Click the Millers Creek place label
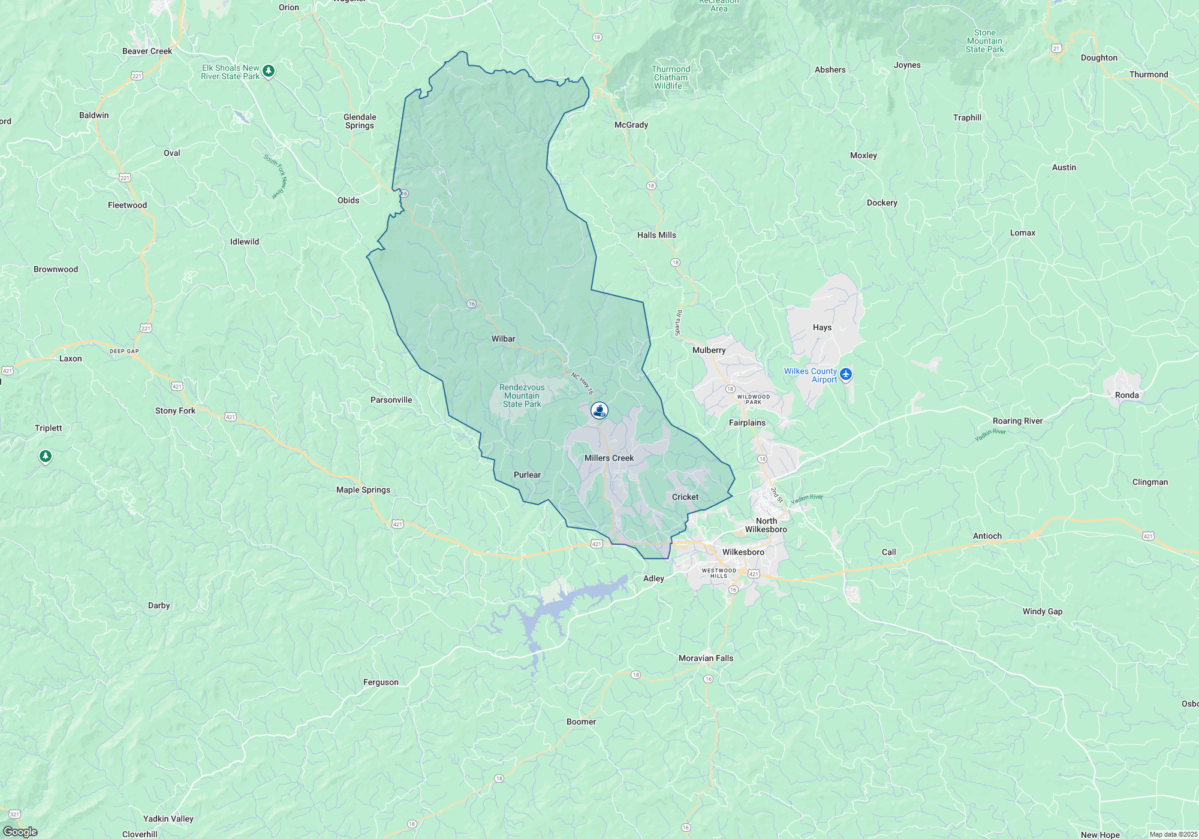[608, 458]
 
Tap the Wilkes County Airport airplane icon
[846, 375]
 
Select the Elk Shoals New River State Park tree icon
[269, 71]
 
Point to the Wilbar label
[503, 339]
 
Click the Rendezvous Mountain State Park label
[522, 396]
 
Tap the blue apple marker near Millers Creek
[599, 411]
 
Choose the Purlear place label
[527, 475]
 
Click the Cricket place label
[685, 497]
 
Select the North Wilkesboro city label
[766, 525]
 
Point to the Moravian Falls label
[706, 658]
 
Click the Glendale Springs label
[360, 121]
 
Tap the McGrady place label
[631, 125]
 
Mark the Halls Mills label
[656, 235]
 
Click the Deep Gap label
[124, 351]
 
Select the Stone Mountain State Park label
[984, 41]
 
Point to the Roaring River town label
[1017, 421]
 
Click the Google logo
[20, 832]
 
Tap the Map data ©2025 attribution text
[1173, 834]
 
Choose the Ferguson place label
[381, 682]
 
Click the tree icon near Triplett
[45, 457]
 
